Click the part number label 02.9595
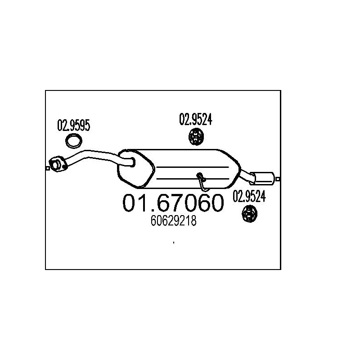point(73,126)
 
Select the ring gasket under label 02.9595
point(74,141)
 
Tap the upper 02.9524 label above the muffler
point(196,119)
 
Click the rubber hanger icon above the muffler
point(196,136)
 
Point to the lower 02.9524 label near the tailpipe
point(249,196)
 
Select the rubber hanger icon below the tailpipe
point(249,213)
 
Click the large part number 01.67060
point(173,203)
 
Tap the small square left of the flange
point(48,168)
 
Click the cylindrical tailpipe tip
point(265,178)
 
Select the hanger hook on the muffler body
point(202,179)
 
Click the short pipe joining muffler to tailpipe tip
point(246,173)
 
